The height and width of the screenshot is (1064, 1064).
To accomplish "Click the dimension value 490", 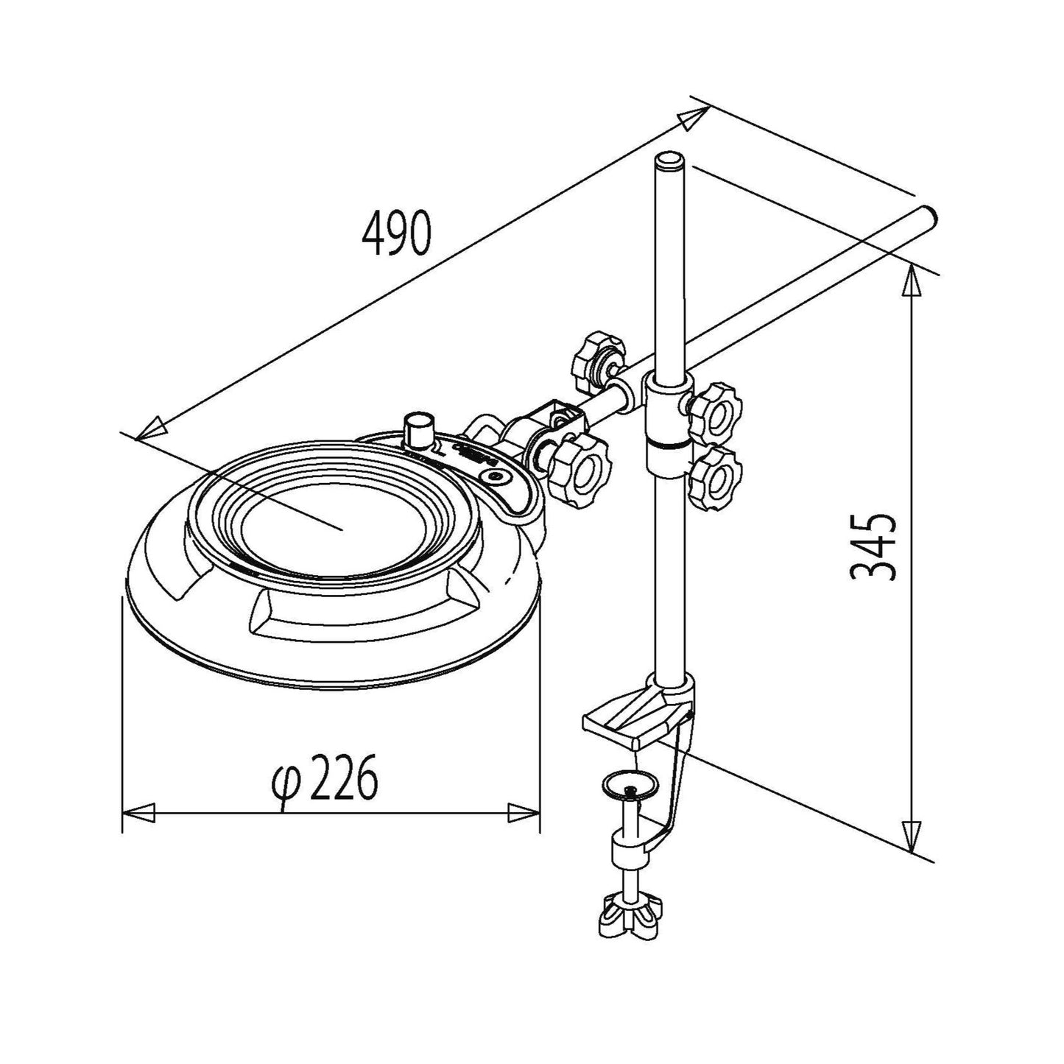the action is tap(395, 233).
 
